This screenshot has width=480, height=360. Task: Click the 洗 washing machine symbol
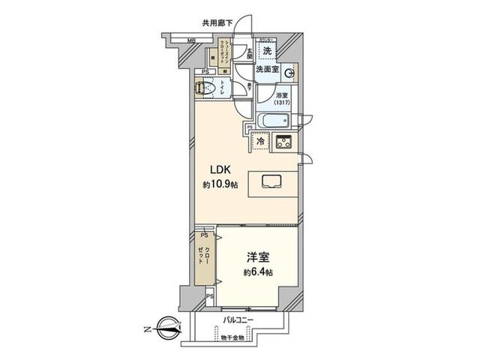click(x=267, y=50)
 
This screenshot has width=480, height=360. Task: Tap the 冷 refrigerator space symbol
click(x=260, y=141)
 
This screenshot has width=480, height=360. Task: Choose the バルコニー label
click(x=238, y=320)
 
